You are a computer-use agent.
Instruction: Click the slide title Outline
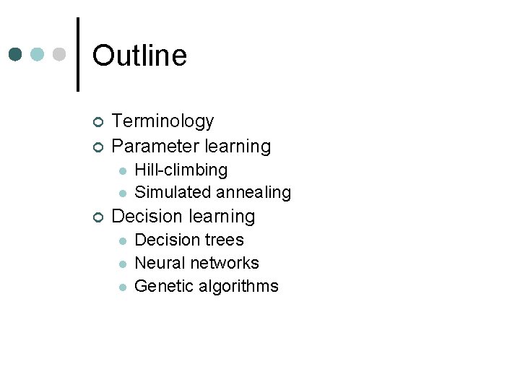coord(139,56)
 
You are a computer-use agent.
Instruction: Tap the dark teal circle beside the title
coord(16,54)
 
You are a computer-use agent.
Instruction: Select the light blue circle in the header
coord(38,54)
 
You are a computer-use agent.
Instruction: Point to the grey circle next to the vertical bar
coord(60,54)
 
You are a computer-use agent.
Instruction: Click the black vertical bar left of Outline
coord(78,54)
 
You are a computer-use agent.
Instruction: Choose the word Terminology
coord(162,121)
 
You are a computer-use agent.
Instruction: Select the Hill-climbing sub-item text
coord(181,170)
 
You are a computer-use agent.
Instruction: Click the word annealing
coord(251,192)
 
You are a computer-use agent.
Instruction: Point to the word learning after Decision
coord(222,216)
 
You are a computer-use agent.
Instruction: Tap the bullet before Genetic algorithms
coord(123,287)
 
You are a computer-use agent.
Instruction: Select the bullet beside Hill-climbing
coord(123,170)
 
